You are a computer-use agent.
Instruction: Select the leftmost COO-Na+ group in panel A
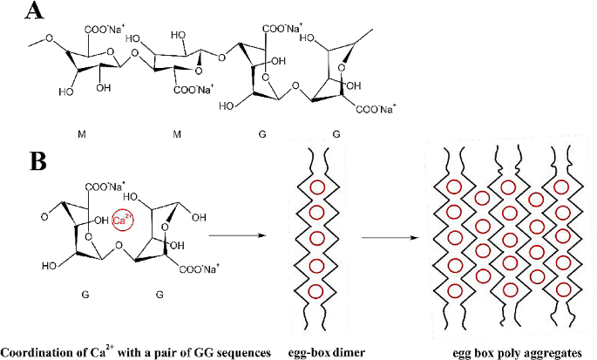click(x=105, y=36)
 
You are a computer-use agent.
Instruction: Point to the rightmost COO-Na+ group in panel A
click(x=374, y=109)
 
